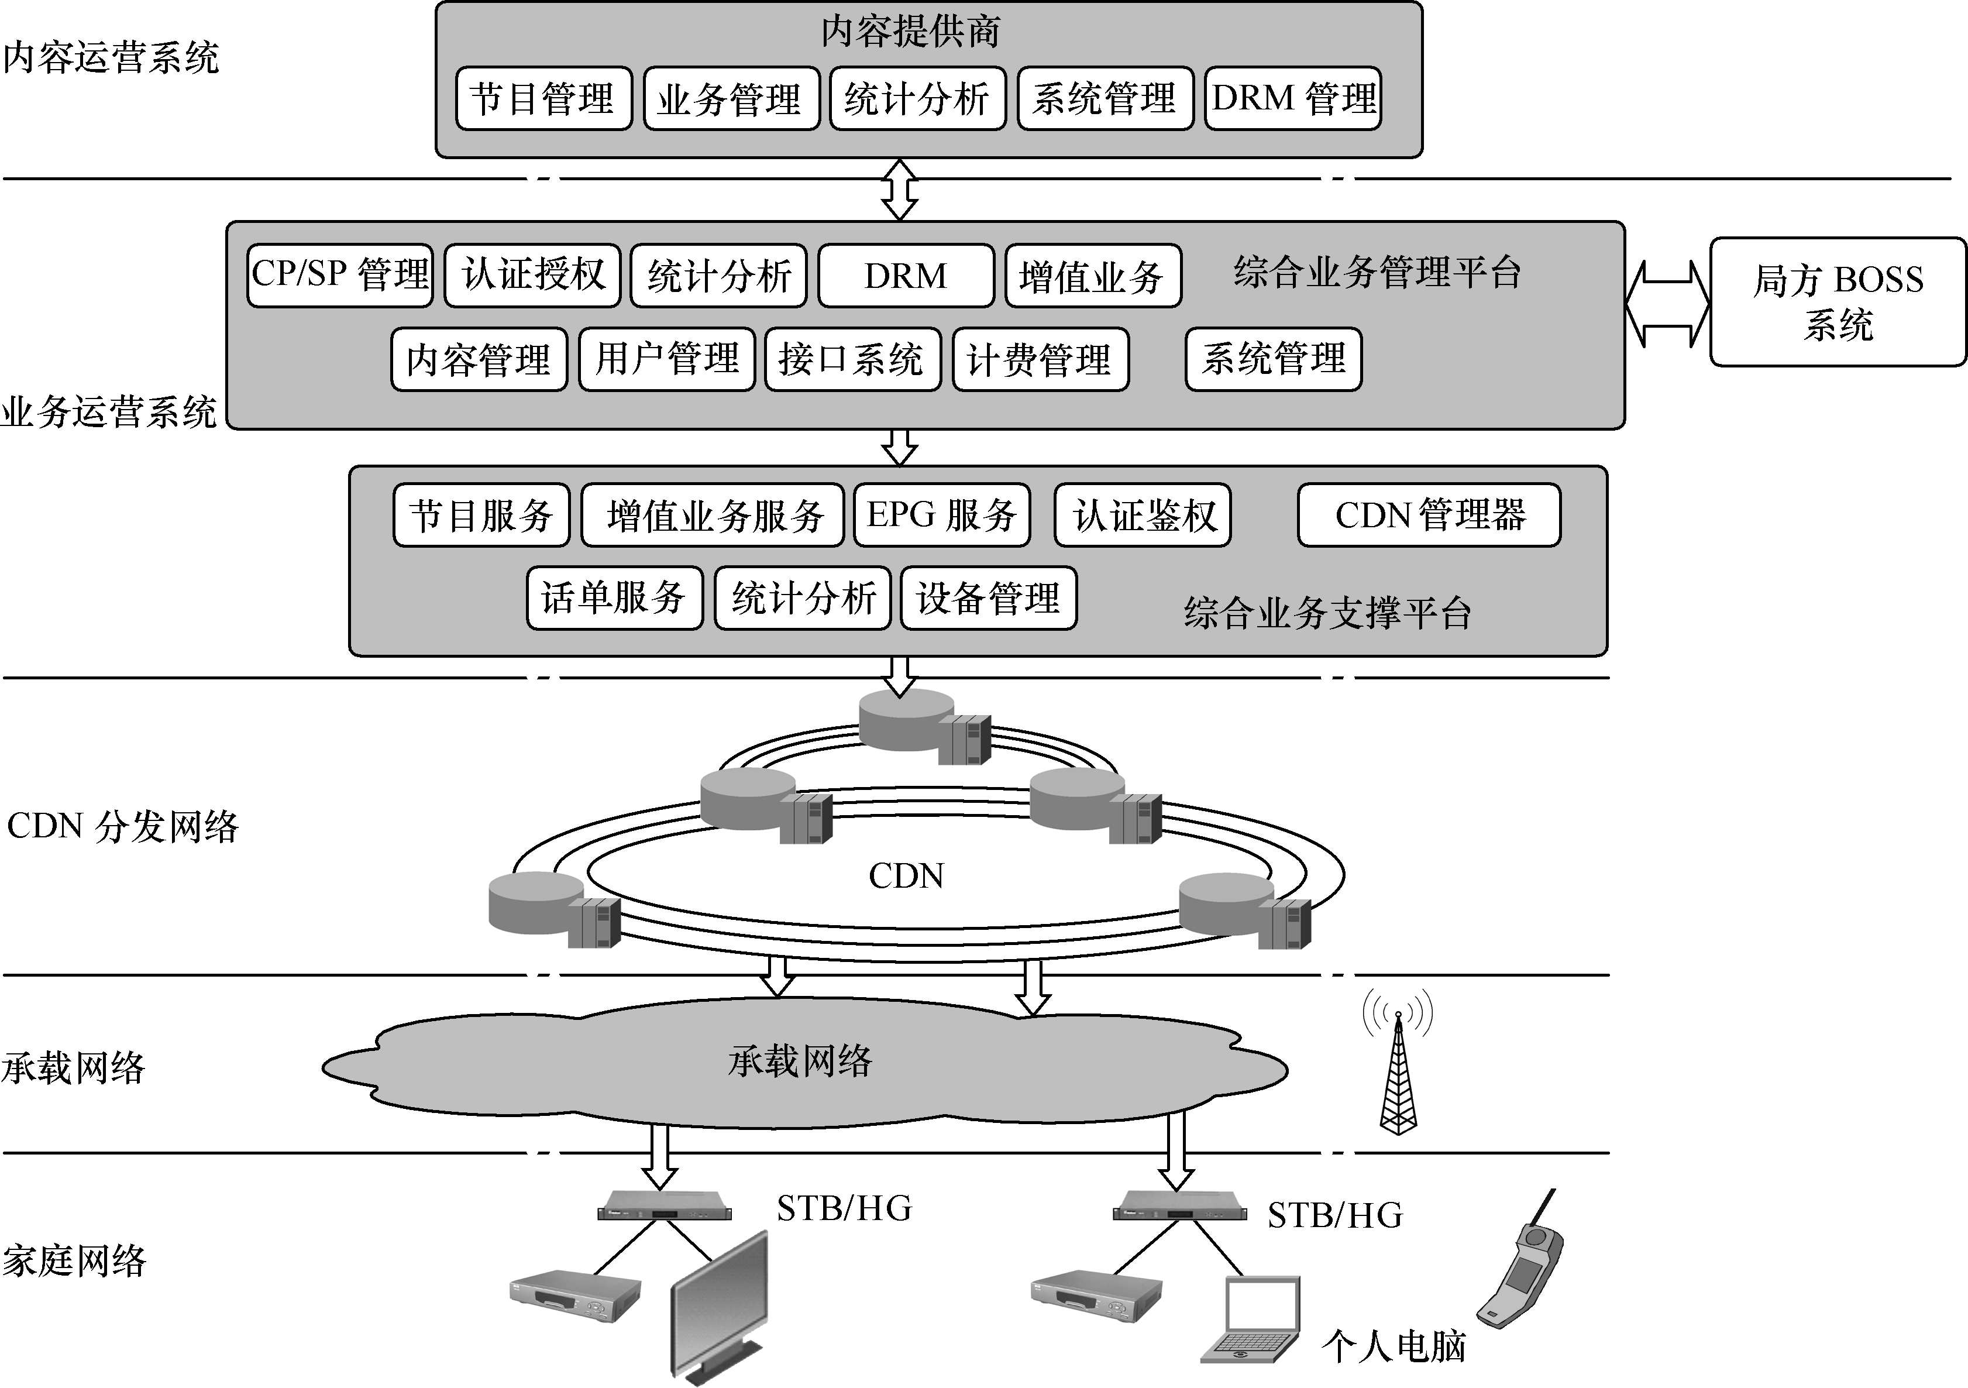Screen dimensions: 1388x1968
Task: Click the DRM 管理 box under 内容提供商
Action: pyautogui.click(x=1292, y=98)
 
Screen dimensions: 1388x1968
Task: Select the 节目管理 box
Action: pyautogui.click(x=543, y=98)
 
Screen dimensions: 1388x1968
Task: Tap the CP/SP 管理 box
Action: pyautogui.click(x=340, y=275)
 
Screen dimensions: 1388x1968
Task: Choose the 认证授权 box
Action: pyautogui.click(x=532, y=275)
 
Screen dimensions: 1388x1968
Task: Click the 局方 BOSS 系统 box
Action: pyautogui.click(x=1837, y=302)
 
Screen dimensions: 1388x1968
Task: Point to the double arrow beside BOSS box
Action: pyautogui.click(x=1667, y=304)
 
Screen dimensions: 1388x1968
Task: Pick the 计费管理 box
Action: pyautogui.click(x=1040, y=359)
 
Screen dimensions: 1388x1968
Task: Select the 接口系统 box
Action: pyautogui.click(x=852, y=359)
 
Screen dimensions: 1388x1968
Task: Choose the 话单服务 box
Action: pyautogui.click(x=614, y=597)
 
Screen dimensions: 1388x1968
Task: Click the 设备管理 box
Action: pyautogui.click(x=988, y=597)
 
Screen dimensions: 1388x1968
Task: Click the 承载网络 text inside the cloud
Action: pyautogui.click(x=800, y=1061)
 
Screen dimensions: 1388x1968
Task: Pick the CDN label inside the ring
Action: pyautogui.click(x=905, y=876)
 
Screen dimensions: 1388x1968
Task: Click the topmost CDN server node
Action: pyautogui.click(x=924, y=724)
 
